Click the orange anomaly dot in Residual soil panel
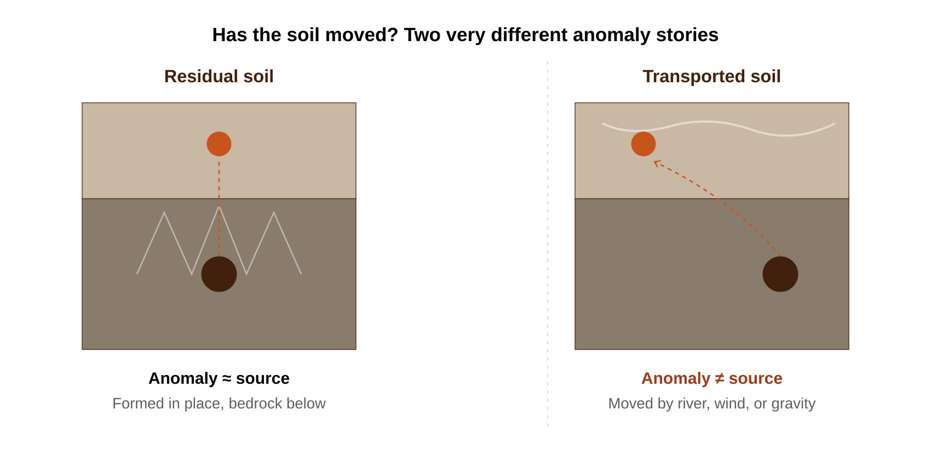(219, 144)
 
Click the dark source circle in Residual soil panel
(219, 274)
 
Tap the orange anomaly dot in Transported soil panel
(643, 144)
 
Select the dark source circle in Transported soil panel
(780, 274)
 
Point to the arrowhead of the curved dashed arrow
(655, 162)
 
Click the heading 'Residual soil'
(219, 77)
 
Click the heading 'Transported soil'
(711, 77)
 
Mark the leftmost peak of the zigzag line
(164, 213)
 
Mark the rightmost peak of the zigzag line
(274, 213)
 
